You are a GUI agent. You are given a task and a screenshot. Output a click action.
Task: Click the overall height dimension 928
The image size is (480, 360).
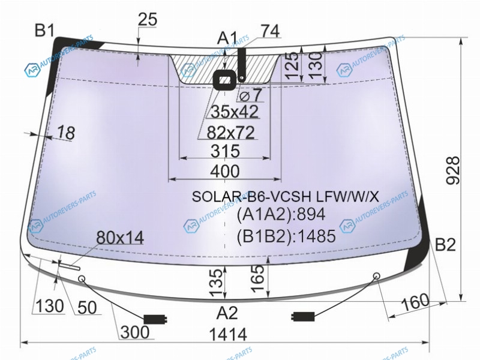coord(453,170)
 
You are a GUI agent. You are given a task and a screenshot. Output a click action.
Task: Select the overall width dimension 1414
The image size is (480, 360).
coord(228,334)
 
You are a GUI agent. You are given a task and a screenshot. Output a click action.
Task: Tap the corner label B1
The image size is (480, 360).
coord(44,31)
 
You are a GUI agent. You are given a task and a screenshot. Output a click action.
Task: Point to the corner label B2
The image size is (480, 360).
coord(445,245)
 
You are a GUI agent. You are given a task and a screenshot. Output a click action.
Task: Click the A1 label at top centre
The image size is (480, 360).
coord(227,38)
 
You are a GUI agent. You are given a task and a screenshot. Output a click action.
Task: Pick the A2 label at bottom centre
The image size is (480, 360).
coord(227,313)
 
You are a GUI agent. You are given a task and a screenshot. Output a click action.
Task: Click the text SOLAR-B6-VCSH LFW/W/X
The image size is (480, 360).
coord(286,196)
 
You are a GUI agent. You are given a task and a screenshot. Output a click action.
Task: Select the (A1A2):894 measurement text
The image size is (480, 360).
coord(281,214)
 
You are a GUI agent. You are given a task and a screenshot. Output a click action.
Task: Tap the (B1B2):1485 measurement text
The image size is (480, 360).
coord(286,236)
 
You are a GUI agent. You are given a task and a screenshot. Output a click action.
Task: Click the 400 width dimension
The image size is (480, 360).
coord(224,172)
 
